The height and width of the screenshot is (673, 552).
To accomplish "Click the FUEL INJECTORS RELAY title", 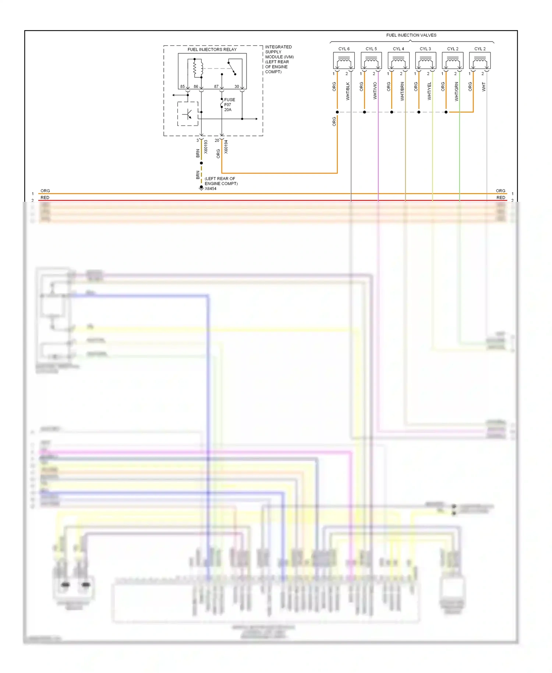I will tap(212, 49).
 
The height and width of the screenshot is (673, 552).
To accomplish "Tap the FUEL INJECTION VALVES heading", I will tap(411, 35).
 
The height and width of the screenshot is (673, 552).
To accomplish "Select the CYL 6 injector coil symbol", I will tap(344, 61).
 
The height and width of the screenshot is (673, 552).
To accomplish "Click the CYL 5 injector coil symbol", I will tap(371, 61).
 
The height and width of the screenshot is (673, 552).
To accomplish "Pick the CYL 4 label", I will tap(398, 49).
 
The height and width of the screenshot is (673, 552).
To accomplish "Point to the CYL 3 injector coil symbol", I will tap(425, 61).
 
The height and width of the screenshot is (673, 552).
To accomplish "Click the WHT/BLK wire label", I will tap(348, 91).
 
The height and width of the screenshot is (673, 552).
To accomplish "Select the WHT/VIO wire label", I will tap(375, 91).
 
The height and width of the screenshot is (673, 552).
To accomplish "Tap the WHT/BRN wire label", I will tap(402, 91).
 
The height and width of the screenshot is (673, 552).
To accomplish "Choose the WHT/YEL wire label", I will tap(429, 91).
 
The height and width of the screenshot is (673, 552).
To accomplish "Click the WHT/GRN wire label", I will tap(456, 91).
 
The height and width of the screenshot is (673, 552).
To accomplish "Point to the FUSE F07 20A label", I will tap(229, 105).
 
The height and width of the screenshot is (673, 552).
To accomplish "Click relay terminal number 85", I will tap(183, 87).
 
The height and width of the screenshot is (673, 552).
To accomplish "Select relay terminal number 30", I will tap(237, 87).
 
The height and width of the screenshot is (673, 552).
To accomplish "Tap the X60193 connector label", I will tap(206, 147).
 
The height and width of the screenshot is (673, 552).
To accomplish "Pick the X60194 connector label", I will tap(226, 147).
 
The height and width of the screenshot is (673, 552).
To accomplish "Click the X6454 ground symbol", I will tap(201, 188).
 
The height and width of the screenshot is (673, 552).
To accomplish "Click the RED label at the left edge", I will tap(45, 198).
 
